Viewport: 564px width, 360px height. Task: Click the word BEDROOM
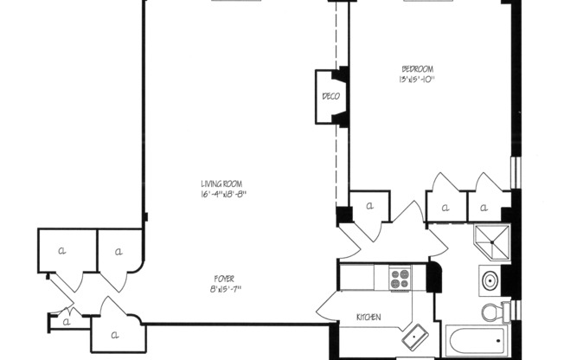point(417,69)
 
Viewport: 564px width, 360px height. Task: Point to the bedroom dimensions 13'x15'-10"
point(416,80)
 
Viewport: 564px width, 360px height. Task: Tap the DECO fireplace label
point(330,96)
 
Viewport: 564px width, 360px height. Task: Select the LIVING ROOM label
point(221,184)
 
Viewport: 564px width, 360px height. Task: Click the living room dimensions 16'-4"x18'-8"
point(221,195)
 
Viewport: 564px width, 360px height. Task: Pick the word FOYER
point(224,278)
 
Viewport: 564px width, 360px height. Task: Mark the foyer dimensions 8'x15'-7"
point(224,288)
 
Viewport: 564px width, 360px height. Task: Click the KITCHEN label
point(369,318)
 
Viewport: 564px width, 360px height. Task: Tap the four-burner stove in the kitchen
point(400,278)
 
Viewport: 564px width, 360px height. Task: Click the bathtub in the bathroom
point(475,341)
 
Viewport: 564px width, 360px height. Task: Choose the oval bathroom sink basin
point(490,280)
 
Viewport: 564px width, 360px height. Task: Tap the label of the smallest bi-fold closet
point(65,322)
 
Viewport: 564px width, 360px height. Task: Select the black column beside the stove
point(433,278)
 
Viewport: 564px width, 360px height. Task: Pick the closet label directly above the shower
point(484,208)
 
